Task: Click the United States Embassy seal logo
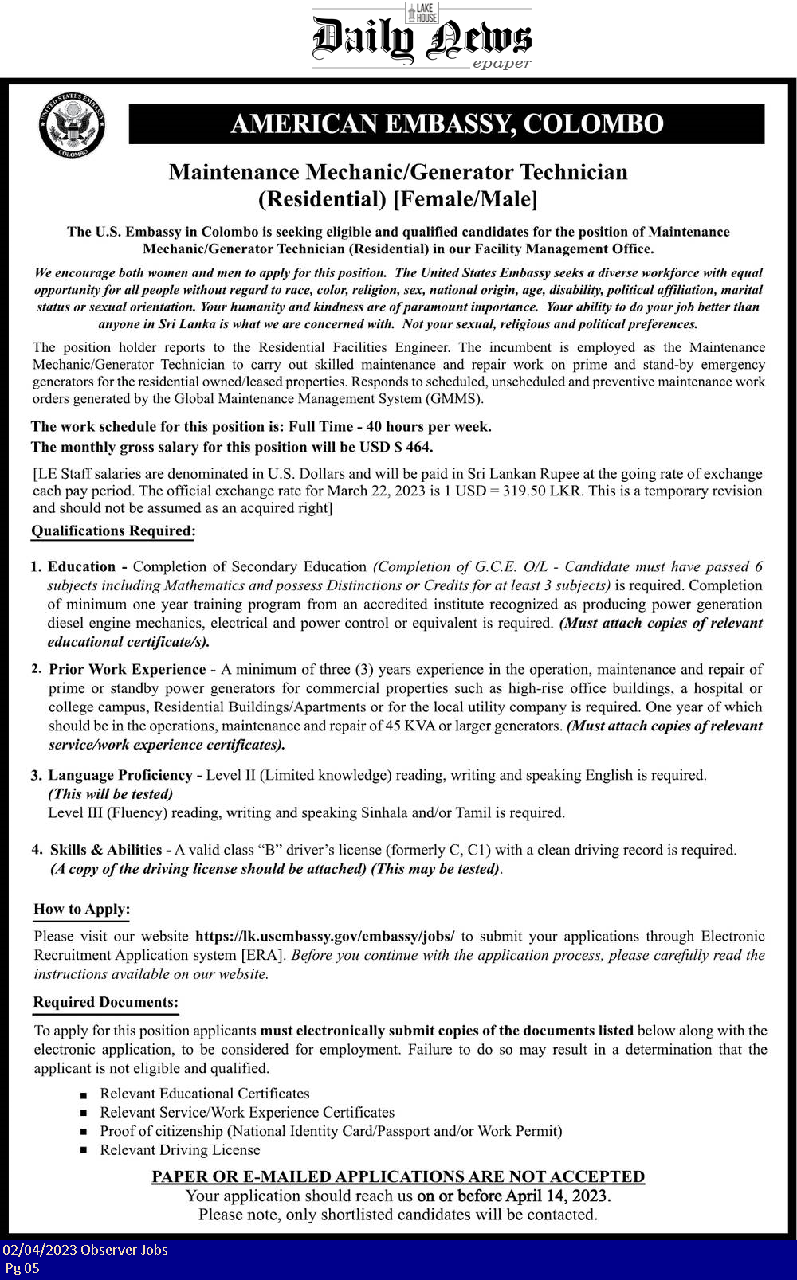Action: (73, 124)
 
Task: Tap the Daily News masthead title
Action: (421, 40)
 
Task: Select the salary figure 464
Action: (419, 447)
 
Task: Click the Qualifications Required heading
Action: (113, 531)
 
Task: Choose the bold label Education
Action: (81, 566)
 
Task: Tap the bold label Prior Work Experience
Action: (127, 669)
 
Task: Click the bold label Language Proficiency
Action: (120, 775)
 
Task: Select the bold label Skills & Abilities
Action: (105, 850)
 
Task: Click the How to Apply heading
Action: (81, 910)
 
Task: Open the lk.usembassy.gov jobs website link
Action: (324, 936)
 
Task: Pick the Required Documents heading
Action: (106, 1003)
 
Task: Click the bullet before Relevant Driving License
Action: (83, 1151)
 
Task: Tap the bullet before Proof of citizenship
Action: (83, 1132)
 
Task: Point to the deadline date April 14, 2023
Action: (558, 1196)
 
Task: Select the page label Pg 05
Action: (22, 1268)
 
